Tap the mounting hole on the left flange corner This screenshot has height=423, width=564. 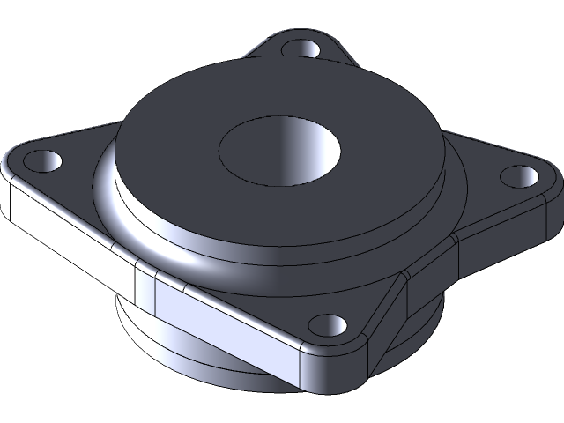42,161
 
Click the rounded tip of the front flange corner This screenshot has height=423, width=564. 352,370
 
